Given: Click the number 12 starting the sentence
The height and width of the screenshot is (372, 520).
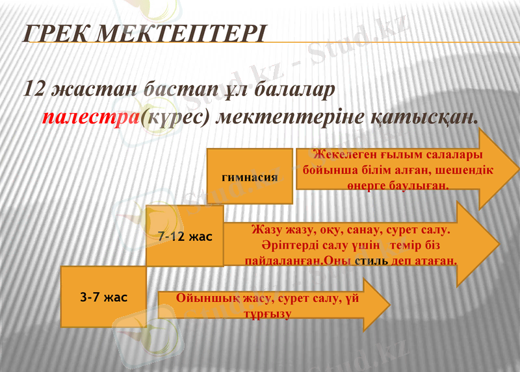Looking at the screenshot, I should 36,89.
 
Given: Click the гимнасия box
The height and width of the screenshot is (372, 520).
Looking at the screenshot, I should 250,176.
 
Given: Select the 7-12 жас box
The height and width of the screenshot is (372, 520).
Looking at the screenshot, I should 185,236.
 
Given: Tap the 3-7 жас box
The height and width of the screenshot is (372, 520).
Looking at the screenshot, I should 103,297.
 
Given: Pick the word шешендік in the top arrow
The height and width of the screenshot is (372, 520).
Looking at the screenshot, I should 465,170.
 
